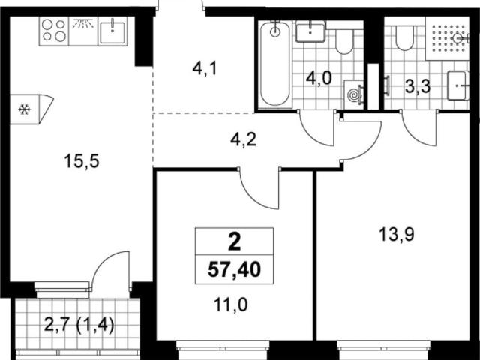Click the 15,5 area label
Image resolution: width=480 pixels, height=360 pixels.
tap(82, 161)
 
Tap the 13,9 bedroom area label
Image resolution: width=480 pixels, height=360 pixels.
tap(397, 235)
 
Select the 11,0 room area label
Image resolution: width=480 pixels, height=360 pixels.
tap(230, 304)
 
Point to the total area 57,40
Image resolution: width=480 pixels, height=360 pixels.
tap(234, 270)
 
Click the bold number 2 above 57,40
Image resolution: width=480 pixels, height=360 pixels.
tap(235, 241)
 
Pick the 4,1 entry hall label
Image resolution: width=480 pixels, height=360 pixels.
tap(205, 68)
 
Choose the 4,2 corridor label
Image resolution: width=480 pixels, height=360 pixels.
tap(243, 139)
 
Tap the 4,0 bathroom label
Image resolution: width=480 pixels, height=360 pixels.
tap(319, 78)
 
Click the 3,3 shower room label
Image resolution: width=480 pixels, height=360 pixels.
tap(418, 86)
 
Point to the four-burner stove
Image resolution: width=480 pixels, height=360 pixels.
tap(54, 31)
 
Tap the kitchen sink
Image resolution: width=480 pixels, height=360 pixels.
tap(112, 31)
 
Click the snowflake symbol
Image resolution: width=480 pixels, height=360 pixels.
tap(24, 109)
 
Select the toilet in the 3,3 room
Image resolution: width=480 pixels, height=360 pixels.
tap(404, 36)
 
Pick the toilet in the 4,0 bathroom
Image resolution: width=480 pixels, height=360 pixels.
tap(345, 40)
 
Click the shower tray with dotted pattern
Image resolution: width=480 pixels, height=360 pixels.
tap(447, 38)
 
